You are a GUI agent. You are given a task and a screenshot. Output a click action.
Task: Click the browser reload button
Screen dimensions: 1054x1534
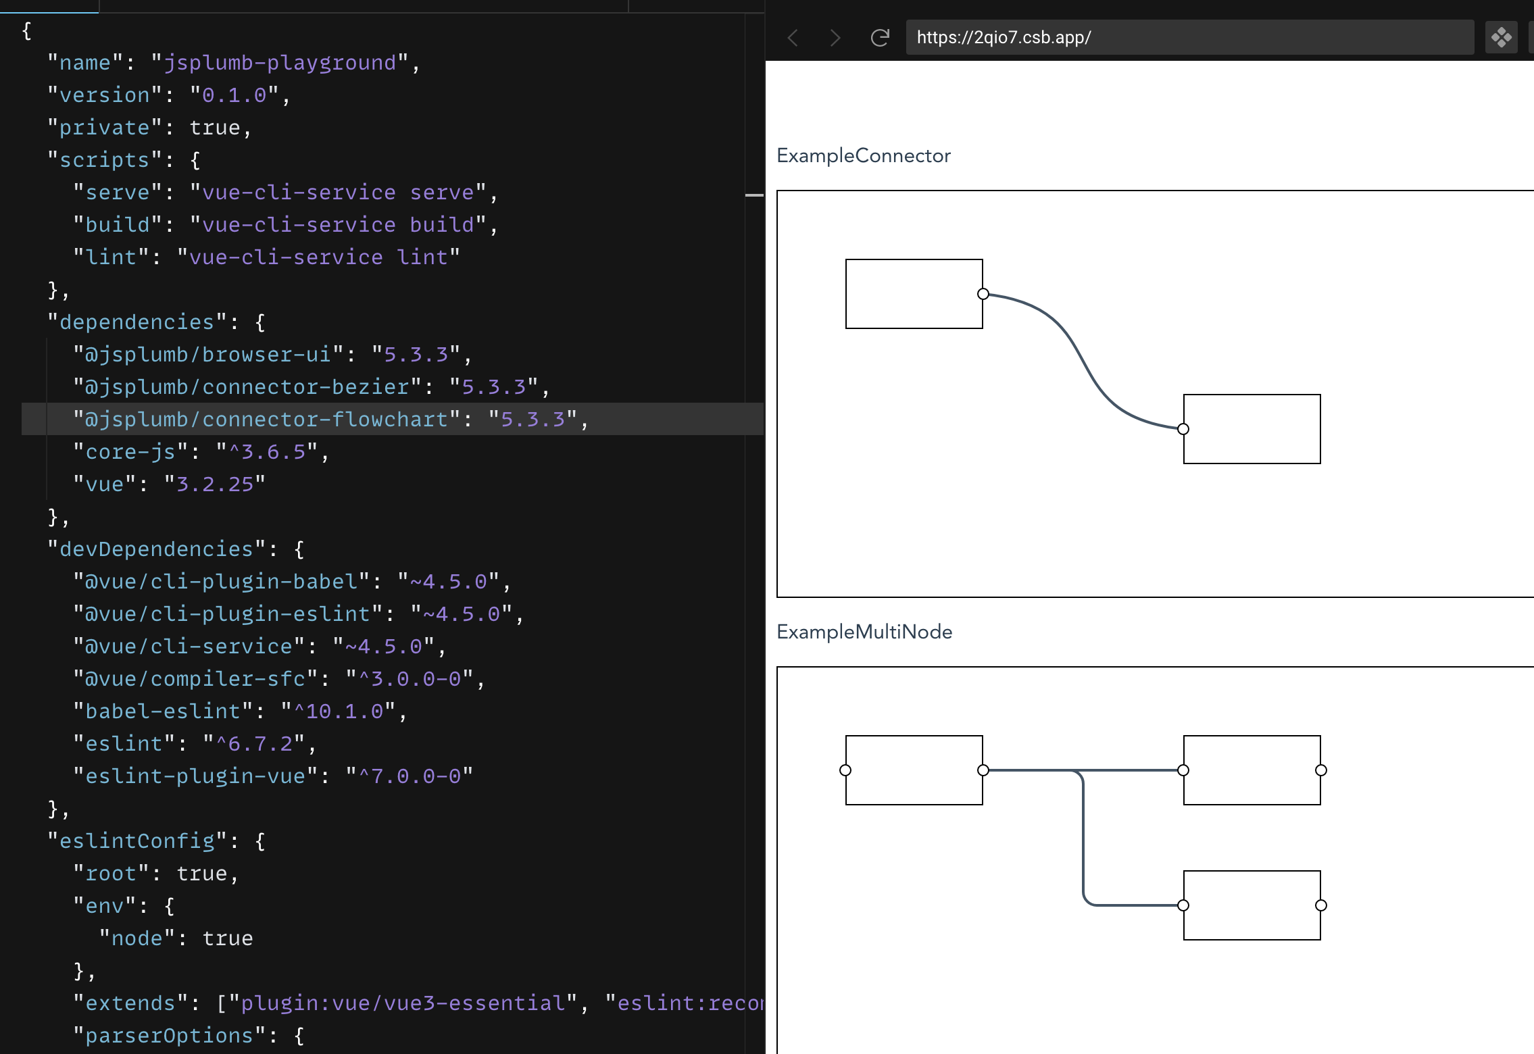pyautogui.click(x=879, y=38)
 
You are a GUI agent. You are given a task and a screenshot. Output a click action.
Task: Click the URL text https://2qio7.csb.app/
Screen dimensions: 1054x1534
pyautogui.click(x=1004, y=38)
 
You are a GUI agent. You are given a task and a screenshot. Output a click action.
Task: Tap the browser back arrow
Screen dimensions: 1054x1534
pyautogui.click(x=794, y=38)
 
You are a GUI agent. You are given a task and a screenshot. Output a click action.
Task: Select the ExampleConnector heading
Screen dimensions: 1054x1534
pyautogui.click(x=863, y=156)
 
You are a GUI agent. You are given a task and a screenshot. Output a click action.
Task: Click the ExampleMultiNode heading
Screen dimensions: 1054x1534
pyautogui.click(x=864, y=632)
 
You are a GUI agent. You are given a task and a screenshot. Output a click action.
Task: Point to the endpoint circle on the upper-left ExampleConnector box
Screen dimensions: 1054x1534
pyautogui.click(x=983, y=294)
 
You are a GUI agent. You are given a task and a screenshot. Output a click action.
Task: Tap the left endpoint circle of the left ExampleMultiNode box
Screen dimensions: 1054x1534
pyautogui.click(x=845, y=770)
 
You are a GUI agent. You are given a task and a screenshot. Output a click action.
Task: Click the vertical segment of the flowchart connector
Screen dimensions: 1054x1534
pyautogui.click(x=1083, y=838)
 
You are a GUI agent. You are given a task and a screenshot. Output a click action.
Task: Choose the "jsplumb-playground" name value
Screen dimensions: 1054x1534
pyautogui.click(x=280, y=63)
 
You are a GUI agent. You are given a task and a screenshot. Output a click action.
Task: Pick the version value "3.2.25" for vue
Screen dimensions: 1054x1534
pyautogui.click(x=215, y=484)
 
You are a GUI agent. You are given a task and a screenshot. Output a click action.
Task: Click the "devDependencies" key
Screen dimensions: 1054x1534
pyautogui.click(x=157, y=549)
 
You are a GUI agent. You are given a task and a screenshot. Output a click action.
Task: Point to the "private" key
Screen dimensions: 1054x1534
pyautogui.click(x=105, y=128)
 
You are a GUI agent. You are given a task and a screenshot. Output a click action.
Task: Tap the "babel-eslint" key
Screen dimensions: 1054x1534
pyautogui.click(x=164, y=711)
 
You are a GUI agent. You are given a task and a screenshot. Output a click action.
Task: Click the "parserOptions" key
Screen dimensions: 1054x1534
pyautogui.click(x=170, y=1036)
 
